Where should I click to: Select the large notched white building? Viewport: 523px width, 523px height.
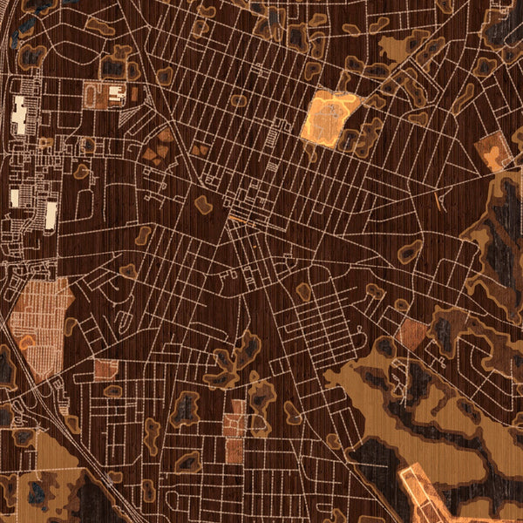pyautogui.click(x=20, y=116)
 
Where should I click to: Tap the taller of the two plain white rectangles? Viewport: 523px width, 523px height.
pyautogui.click(x=51, y=214)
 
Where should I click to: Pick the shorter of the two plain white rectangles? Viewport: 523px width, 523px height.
pyautogui.click(x=17, y=198)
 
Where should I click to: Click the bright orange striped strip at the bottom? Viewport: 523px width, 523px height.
pyautogui.click(x=427, y=492)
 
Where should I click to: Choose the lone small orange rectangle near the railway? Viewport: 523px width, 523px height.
pyautogui.click(x=105, y=368)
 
